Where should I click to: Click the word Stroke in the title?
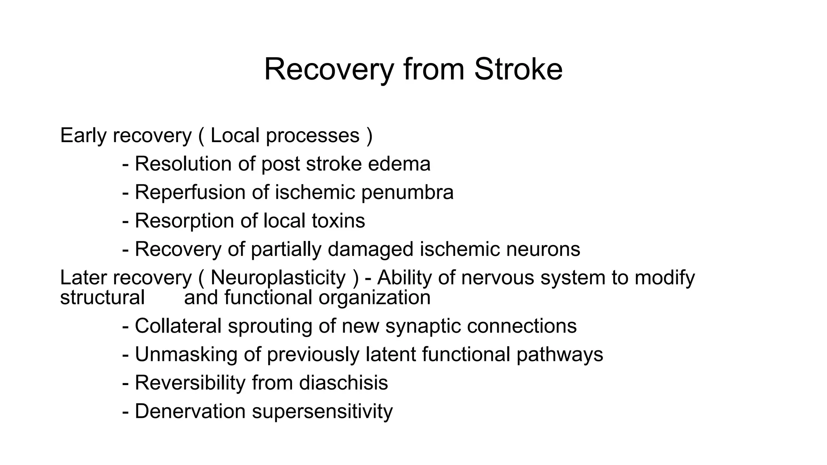click(x=518, y=69)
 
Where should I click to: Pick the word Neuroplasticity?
click(x=278, y=278)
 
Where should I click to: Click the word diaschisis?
click(x=343, y=383)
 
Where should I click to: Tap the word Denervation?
click(x=190, y=411)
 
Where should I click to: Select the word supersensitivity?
click(x=322, y=411)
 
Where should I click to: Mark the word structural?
click(x=102, y=297)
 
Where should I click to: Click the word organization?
click(x=374, y=297)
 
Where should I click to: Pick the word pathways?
click(x=559, y=354)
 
